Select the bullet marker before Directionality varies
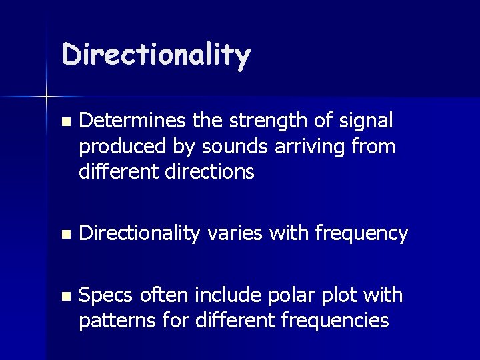[64, 235]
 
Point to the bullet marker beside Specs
[64, 296]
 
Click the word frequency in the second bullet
[361, 234]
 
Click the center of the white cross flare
[47, 97]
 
